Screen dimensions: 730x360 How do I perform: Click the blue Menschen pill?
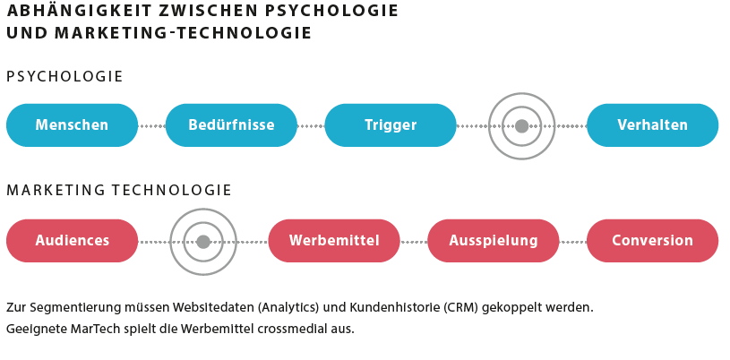point(73,125)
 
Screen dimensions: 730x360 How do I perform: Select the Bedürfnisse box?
point(231,125)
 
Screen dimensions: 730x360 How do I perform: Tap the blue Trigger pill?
point(391,125)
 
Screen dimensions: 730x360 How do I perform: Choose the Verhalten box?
point(653,125)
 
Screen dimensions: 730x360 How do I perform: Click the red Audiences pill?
point(73,241)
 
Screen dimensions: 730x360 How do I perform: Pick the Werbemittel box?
point(334,241)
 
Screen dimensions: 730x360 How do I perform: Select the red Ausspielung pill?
point(494,241)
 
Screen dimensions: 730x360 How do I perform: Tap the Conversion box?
point(653,241)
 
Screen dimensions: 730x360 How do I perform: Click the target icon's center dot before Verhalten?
point(522,125)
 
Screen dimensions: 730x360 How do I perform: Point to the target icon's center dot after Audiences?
point(203,242)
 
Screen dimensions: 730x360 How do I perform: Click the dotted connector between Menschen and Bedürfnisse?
point(151,125)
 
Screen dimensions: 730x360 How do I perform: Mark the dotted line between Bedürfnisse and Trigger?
point(311,125)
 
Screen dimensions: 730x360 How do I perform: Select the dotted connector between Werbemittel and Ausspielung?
point(414,242)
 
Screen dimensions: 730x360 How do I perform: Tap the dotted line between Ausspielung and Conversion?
point(573,242)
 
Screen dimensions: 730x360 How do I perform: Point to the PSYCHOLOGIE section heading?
point(64,76)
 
